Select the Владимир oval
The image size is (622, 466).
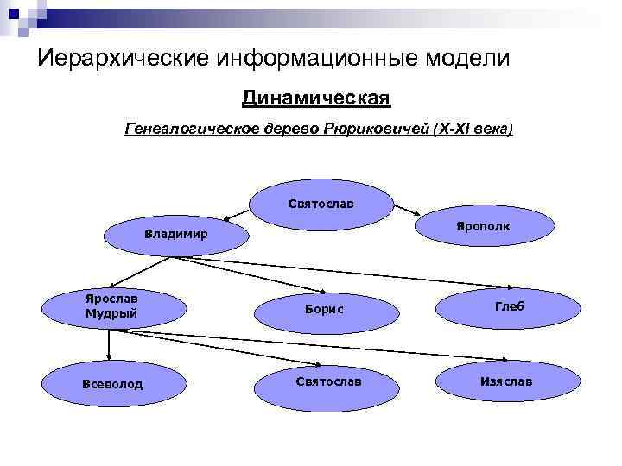175,235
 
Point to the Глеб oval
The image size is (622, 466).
509,306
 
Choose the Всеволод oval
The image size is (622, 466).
112,383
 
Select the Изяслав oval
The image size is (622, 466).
505,381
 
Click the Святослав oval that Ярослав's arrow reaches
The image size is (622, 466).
328,381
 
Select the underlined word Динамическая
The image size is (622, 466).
316,98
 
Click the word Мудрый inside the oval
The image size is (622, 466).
111,313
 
